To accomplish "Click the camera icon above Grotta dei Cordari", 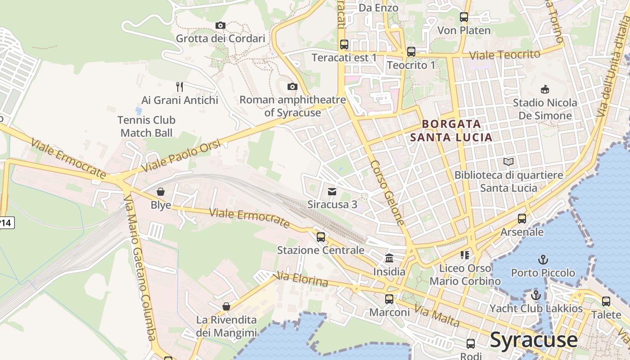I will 220,25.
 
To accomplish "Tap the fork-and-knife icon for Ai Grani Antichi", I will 179,86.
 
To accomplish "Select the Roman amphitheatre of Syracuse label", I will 292,106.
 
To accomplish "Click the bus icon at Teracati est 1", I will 344,45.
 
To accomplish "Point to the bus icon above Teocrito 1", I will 411,52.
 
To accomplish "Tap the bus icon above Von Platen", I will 464,17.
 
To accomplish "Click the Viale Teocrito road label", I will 504,55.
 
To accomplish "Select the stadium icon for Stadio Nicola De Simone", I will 545,89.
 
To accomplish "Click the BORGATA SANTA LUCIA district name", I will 451,130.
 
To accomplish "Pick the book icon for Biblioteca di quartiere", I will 508,162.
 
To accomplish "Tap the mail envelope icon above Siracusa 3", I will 332,192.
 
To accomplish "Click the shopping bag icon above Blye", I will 161,192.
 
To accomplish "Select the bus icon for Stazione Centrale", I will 321,237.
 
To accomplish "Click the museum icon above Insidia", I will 389,258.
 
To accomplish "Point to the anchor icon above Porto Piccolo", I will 543,260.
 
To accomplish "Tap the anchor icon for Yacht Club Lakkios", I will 535,296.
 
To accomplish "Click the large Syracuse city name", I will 534,340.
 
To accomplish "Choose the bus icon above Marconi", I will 389,299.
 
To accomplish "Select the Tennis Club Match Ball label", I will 146,126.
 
